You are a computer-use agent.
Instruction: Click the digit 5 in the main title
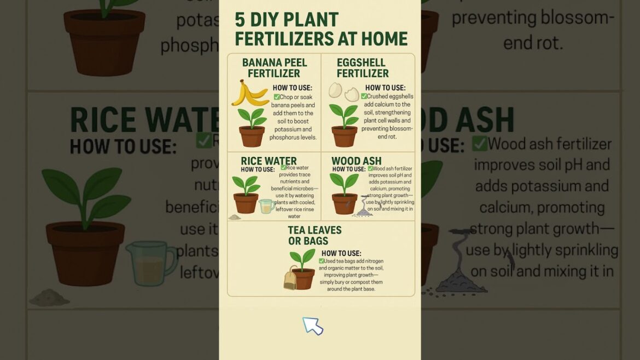[x=240, y=20]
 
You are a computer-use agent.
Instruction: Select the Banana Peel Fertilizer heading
[x=274, y=68]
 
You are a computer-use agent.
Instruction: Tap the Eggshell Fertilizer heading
[x=362, y=68]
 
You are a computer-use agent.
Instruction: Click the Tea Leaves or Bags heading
[x=315, y=235]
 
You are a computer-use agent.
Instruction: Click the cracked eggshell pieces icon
[x=343, y=92]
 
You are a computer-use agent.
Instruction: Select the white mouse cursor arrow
[x=312, y=326]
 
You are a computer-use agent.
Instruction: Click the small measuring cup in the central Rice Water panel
[x=266, y=206]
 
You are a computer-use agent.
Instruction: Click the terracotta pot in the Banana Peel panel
[x=252, y=136]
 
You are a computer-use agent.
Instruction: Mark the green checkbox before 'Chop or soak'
[x=277, y=97]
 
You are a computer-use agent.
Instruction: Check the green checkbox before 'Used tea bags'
[x=321, y=261]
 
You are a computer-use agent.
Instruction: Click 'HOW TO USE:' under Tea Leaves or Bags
[x=341, y=253]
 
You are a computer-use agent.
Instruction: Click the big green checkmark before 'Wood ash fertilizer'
[x=479, y=143]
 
